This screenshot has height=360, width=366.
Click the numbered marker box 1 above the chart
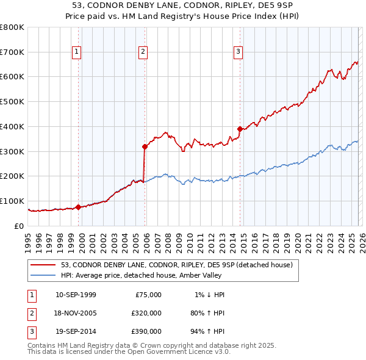click(x=77, y=52)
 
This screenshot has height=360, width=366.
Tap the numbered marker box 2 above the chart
click(x=143, y=52)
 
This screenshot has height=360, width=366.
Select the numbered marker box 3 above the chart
click(x=238, y=52)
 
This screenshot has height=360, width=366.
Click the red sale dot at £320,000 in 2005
click(x=145, y=146)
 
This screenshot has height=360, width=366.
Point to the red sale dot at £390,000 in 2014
click(x=240, y=129)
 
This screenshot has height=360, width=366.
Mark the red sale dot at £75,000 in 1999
click(x=78, y=207)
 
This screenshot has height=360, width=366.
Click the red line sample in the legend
click(x=44, y=265)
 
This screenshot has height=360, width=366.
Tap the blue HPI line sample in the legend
click(x=44, y=275)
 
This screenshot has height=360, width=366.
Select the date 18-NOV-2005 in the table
click(x=76, y=312)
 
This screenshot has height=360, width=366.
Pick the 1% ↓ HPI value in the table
click(x=209, y=295)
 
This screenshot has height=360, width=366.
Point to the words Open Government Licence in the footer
click(x=178, y=352)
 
